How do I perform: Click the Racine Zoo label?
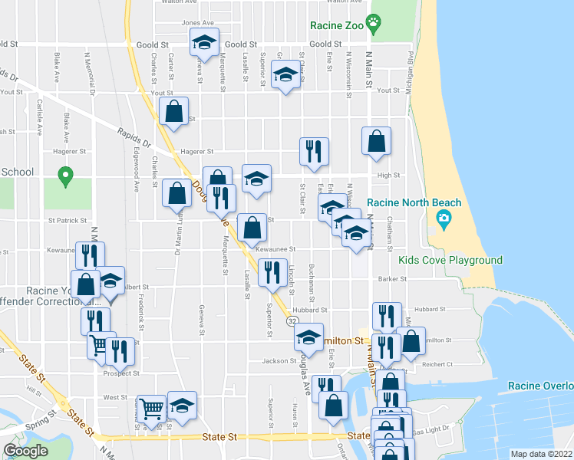click(x=335, y=25)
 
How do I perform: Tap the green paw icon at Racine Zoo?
click(x=374, y=23)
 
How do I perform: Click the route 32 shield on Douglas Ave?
click(x=292, y=323)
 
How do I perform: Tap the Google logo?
click(x=25, y=451)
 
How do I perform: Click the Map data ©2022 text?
click(x=540, y=454)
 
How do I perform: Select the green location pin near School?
click(x=66, y=177)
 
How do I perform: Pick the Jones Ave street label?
click(x=197, y=23)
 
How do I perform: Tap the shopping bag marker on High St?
click(x=376, y=142)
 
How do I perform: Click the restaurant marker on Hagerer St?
click(x=314, y=152)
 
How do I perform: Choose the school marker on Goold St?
click(x=205, y=42)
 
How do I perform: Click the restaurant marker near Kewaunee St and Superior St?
click(x=272, y=273)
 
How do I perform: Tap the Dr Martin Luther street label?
click(x=183, y=229)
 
